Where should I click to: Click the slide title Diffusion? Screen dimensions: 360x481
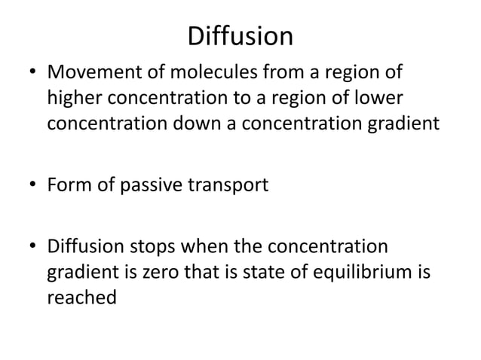pos(240,36)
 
